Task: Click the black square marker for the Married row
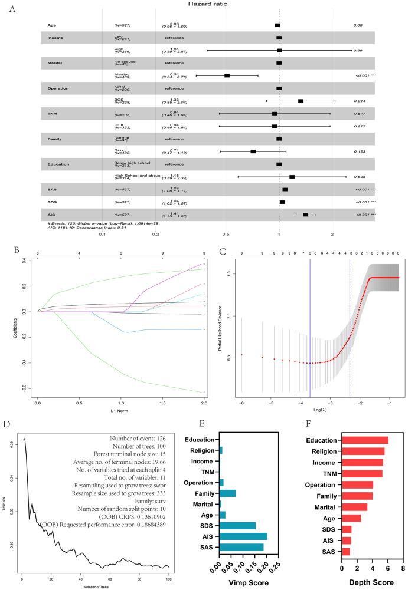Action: [x=227, y=75]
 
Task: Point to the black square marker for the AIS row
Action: [x=305, y=215]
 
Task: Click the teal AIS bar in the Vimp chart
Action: [x=243, y=536]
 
